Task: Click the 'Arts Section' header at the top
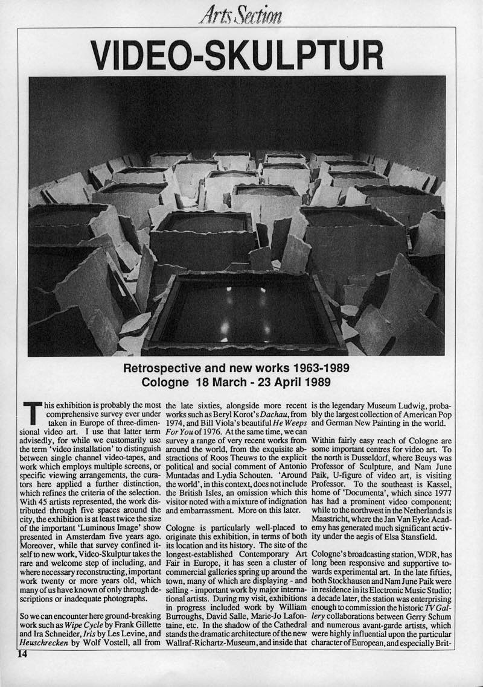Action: point(241,13)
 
